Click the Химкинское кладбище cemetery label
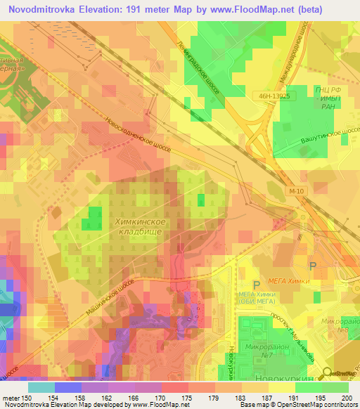(x=139, y=226)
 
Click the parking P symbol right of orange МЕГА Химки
(x=314, y=265)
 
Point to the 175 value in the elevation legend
(x=186, y=398)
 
